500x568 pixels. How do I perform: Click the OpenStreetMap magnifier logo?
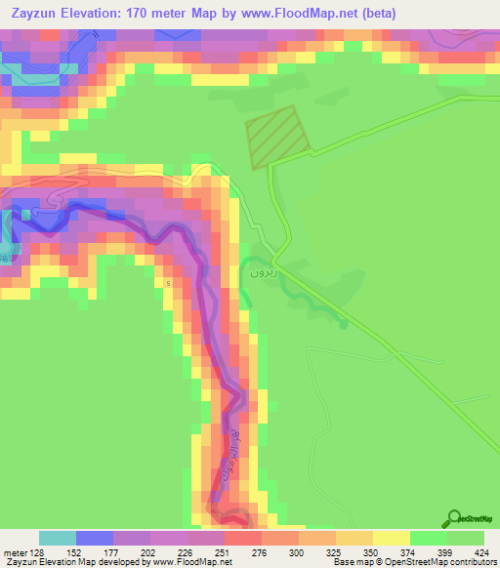(456, 518)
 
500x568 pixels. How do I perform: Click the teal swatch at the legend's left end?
(58, 538)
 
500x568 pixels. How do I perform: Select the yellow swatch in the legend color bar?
(392, 538)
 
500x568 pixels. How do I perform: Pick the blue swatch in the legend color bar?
(95, 538)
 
